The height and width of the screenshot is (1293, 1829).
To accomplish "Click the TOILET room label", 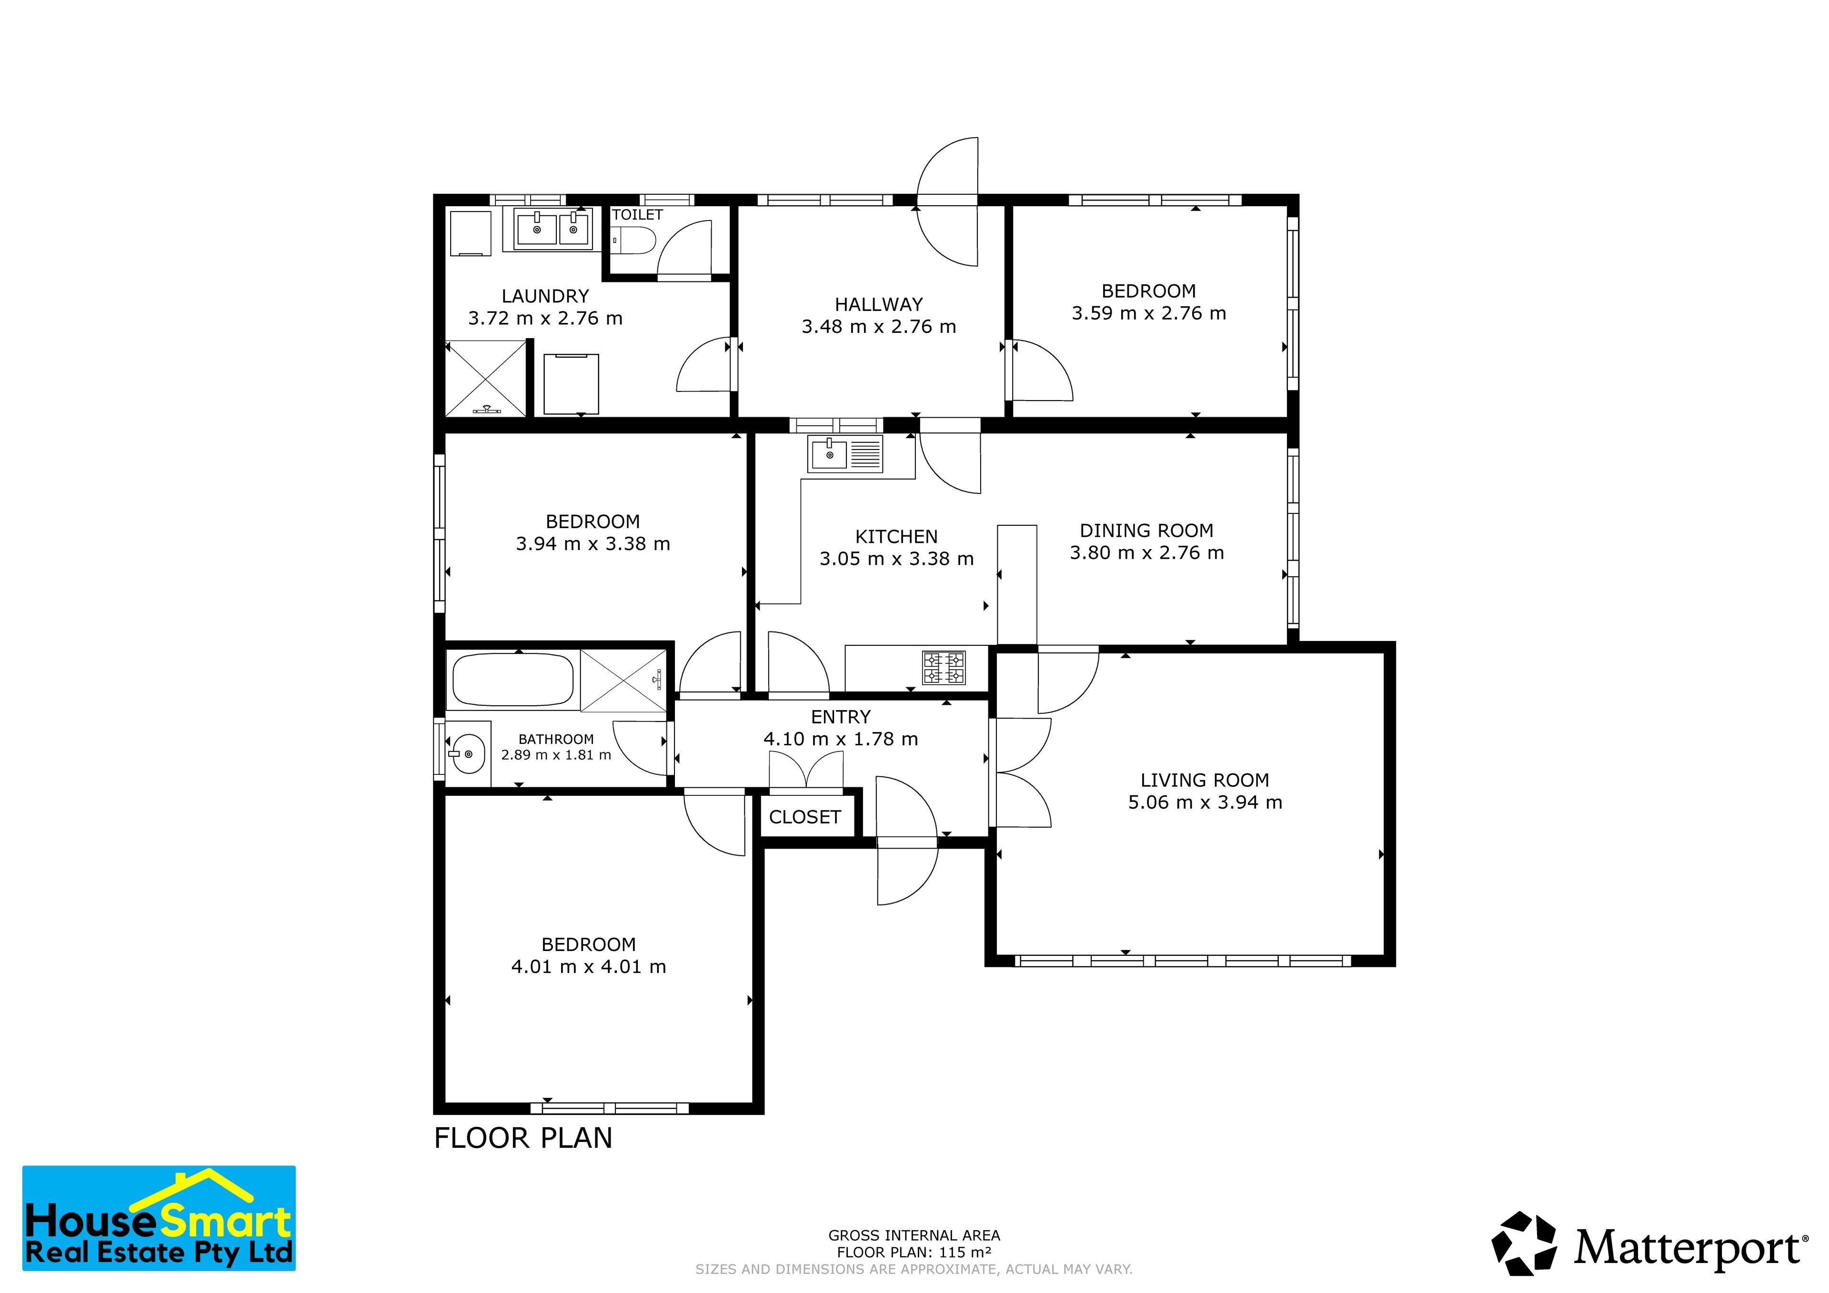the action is pyautogui.click(x=637, y=214).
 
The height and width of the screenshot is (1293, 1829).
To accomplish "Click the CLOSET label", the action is pyautogui.click(x=804, y=817).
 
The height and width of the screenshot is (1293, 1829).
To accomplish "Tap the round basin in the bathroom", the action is pyautogui.click(x=468, y=753).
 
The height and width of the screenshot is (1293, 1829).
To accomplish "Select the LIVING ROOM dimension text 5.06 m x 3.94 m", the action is pyautogui.click(x=1205, y=803).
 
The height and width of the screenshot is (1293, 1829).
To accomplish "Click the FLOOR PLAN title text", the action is pyautogui.click(x=523, y=1138).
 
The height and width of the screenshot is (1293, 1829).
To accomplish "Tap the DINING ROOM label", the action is pyautogui.click(x=1146, y=531).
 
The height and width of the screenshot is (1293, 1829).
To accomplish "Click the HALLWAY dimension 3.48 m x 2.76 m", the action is pyautogui.click(x=879, y=327).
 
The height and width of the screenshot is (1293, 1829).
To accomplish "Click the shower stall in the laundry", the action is pyautogui.click(x=486, y=379).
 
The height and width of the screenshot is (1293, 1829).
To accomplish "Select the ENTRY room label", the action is pyautogui.click(x=840, y=717).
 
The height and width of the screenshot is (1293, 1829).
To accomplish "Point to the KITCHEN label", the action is pyautogui.click(x=896, y=537).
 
